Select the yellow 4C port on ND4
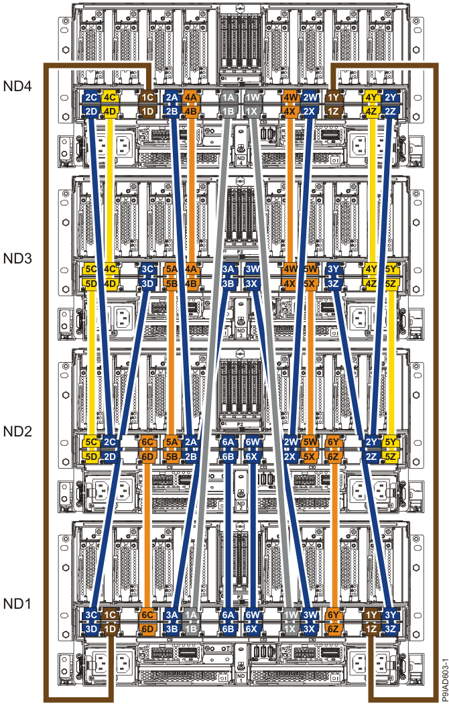pos(111,97)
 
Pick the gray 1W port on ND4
pos(252,97)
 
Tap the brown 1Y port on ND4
pos(333,97)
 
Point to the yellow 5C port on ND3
pos(91,270)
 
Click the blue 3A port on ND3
pos(229,270)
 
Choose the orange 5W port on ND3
pos(310,270)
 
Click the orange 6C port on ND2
pos(147,443)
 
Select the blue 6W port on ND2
pos(252,443)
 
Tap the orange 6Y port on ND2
pos(333,443)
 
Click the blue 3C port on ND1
pos(91,615)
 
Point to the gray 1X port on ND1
pos(290,629)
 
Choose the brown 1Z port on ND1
pos(370,629)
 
